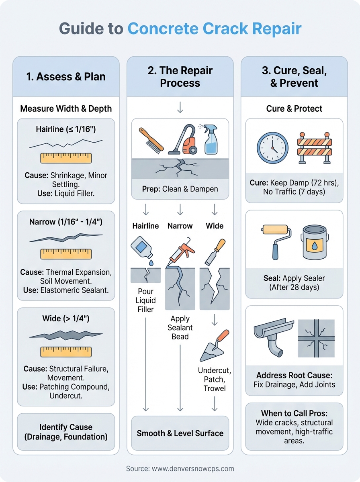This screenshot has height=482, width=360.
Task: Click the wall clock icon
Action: [x=272, y=148]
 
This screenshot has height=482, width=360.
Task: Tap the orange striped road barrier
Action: [x=315, y=148]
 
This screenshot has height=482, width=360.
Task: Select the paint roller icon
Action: [x=275, y=240]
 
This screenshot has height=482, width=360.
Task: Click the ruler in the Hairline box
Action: [x=66, y=157]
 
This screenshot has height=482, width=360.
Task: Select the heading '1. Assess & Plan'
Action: [x=66, y=77]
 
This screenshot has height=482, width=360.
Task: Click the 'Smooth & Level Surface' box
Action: [x=180, y=433]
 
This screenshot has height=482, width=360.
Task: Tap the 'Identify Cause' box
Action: [x=66, y=431]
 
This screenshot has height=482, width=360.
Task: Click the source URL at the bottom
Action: [x=180, y=468]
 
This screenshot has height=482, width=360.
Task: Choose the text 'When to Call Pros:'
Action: [x=294, y=413]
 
